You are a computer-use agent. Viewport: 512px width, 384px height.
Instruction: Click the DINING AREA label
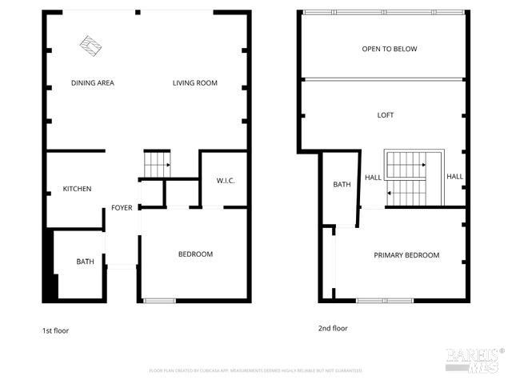click(x=92, y=83)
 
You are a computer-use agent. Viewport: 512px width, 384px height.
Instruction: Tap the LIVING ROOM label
click(x=195, y=83)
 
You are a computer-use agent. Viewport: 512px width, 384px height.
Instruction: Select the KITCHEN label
click(x=77, y=190)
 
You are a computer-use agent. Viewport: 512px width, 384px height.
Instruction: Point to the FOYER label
click(x=122, y=208)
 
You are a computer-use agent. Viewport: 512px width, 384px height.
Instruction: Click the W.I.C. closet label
click(x=225, y=181)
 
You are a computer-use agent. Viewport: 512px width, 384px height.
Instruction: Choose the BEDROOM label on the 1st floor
click(x=195, y=254)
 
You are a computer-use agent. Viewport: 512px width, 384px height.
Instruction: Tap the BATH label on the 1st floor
click(x=85, y=262)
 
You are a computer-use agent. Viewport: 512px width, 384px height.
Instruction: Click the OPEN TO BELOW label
click(x=390, y=50)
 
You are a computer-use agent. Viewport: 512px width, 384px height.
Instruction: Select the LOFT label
click(x=386, y=115)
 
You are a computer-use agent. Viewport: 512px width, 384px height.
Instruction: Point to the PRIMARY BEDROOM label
click(x=406, y=255)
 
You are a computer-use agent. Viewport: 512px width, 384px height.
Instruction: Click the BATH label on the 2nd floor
click(x=342, y=186)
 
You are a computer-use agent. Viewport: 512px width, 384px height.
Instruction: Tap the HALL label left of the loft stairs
click(x=373, y=178)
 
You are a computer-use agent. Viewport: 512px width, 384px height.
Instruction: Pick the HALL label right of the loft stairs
click(x=454, y=177)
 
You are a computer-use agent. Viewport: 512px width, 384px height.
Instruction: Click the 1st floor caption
click(x=55, y=330)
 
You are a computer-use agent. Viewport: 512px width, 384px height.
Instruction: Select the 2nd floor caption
click(x=334, y=328)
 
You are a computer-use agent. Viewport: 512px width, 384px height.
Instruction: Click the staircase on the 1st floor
click(x=157, y=165)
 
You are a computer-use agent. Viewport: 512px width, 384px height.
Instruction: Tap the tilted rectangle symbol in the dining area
click(x=91, y=46)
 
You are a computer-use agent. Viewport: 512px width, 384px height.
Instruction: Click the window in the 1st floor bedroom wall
click(x=158, y=301)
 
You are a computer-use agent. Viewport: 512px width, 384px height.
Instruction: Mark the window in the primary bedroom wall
click(x=384, y=301)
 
